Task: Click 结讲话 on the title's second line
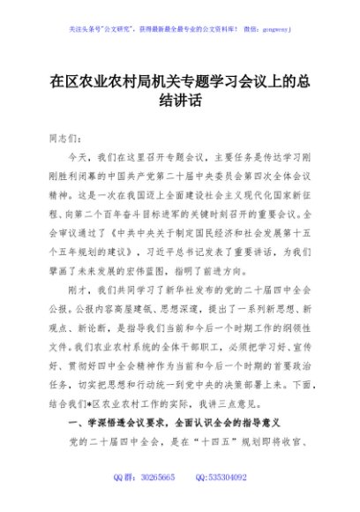(x=180, y=102)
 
